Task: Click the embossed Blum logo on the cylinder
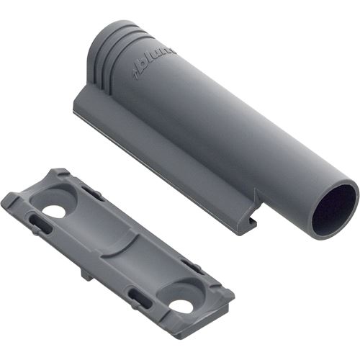point(154,63)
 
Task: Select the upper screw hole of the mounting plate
point(54,211)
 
